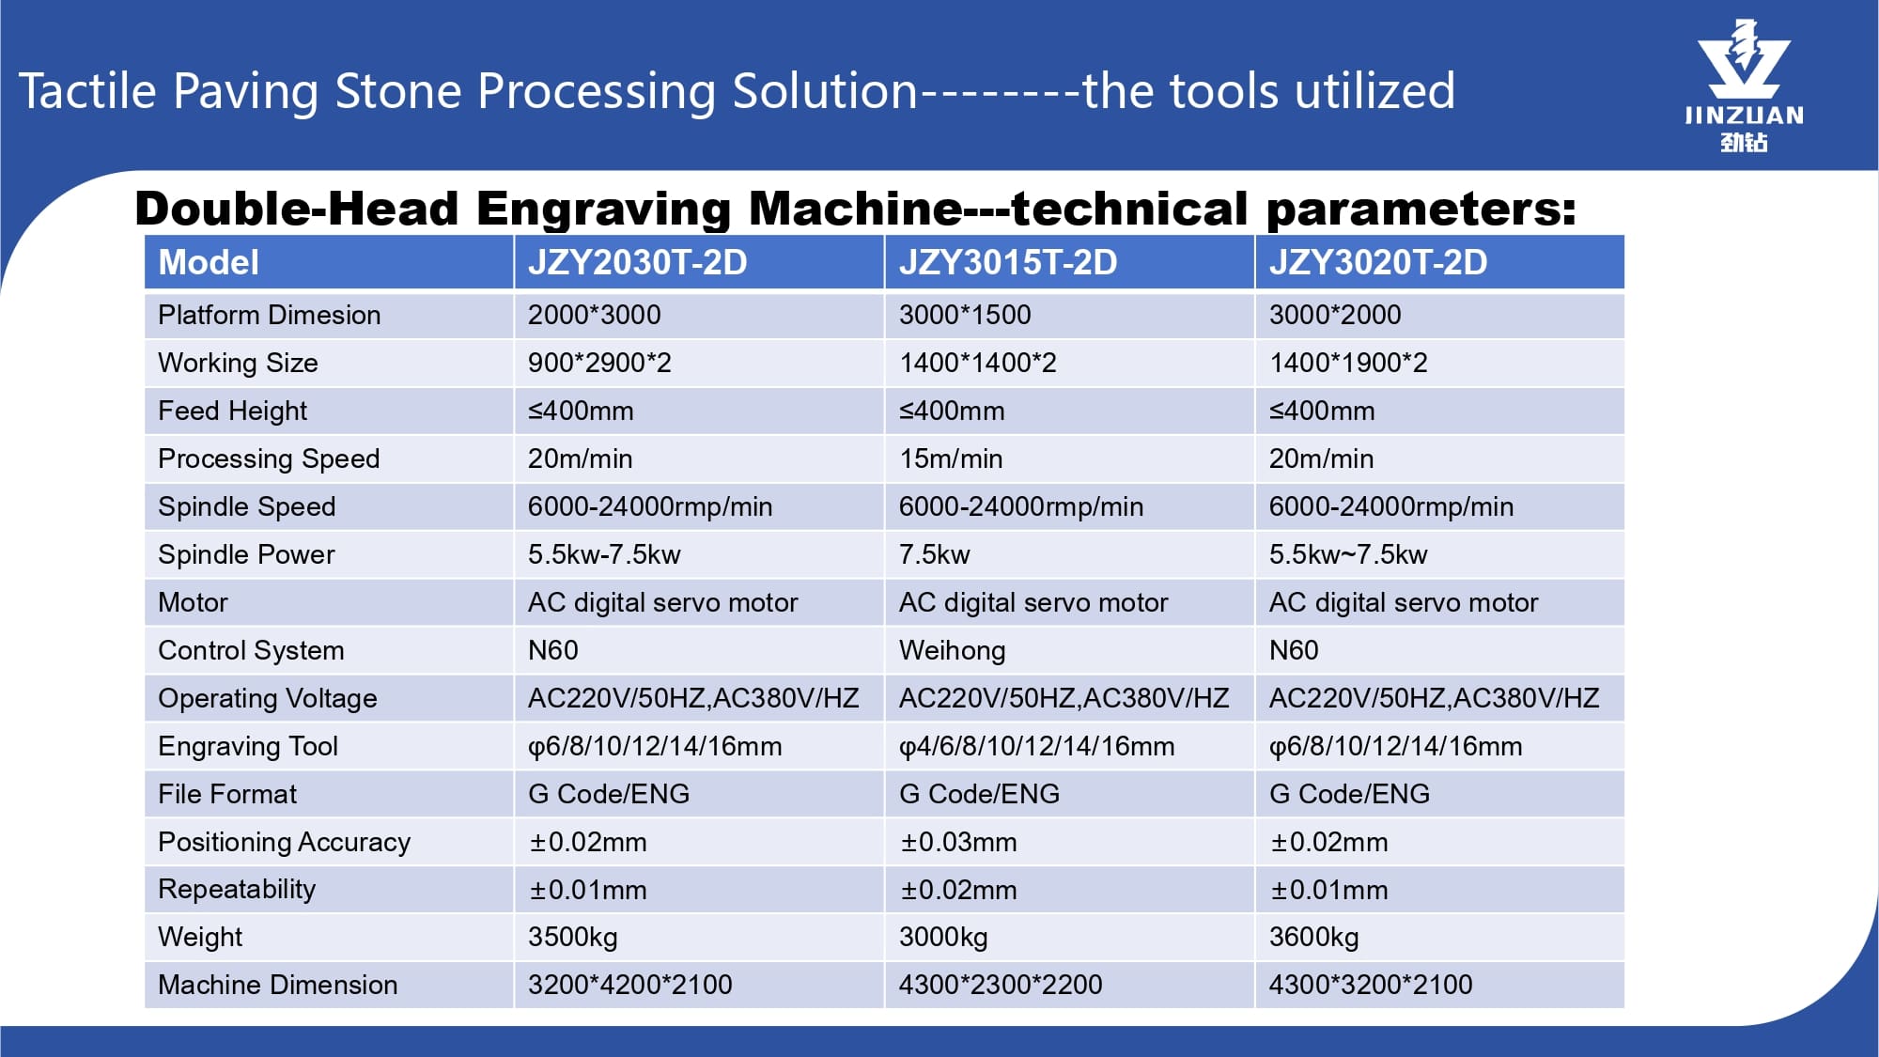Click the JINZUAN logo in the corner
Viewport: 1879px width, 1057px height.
tap(1744, 85)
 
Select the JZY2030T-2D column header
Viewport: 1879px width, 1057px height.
tap(637, 262)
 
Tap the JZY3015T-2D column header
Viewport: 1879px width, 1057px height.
tap(1008, 262)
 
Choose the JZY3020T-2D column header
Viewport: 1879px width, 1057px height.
tap(1378, 262)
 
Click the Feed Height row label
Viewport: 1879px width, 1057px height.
tap(232, 411)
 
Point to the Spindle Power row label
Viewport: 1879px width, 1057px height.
tap(246, 554)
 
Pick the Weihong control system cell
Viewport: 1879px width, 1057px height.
tap(952, 650)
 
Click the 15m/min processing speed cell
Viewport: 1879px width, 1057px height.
tap(951, 459)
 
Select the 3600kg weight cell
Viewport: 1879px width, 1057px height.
tap(1313, 937)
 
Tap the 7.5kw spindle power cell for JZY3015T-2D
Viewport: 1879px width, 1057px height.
tap(934, 554)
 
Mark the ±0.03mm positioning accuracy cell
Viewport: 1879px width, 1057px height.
tap(958, 842)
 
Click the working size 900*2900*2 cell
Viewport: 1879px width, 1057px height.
tap(599, 363)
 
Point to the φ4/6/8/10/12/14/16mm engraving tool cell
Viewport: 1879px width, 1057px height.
tap(1036, 746)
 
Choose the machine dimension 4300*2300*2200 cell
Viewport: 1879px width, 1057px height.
tap(1001, 985)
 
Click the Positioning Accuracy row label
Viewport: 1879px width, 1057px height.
tap(284, 842)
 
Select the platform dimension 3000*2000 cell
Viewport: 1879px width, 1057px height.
tap(1335, 315)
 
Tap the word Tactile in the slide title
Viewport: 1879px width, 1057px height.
tap(87, 91)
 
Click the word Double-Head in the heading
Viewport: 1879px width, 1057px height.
tap(297, 208)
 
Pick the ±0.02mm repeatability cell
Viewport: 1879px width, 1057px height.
tap(958, 890)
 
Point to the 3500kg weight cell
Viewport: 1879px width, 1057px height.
tap(572, 937)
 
